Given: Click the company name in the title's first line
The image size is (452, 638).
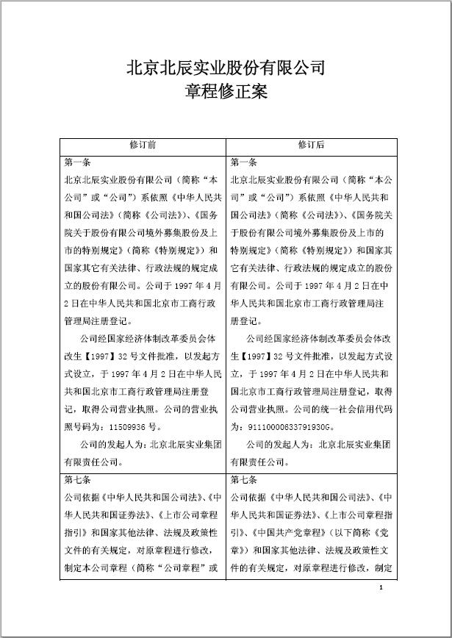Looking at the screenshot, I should pyautogui.click(x=226, y=68).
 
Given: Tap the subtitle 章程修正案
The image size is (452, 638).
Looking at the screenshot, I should pyautogui.click(x=226, y=93).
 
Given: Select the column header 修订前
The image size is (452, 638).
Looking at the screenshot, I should pyautogui.click(x=142, y=145).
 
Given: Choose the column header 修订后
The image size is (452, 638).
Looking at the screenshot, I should pyautogui.click(x=311, y=145).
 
